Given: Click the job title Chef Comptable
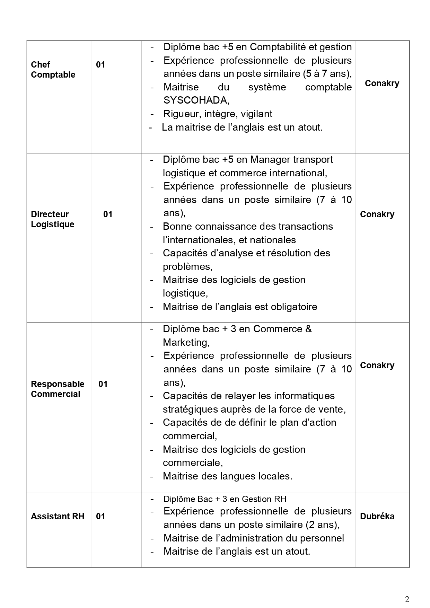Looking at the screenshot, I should pyautogui.click(x=53, y=70).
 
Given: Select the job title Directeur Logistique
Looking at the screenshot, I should pyautogui.click(x=53, y=219).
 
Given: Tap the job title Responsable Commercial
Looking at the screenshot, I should pyautogui.click(x=58, y=389).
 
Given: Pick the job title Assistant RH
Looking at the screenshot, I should pyautogui.click(x=58, y=516).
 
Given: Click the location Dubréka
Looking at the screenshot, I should pyautogui.click(x=377, y=516).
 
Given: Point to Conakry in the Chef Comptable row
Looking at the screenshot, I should pyautogui.click(x=382, y=83).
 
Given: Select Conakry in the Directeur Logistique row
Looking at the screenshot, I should pyautogui.click(x=377, y=214).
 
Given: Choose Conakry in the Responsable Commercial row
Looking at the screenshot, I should pyautogui.click(x=377, y=365).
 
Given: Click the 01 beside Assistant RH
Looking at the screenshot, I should pyautogui.click(x=100, y=516).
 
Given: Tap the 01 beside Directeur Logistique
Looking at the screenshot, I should pyautogui.click(x=108, y=214).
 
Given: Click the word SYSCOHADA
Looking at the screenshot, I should pyautogui.click(x=196, y=100).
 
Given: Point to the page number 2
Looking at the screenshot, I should pyautogui.click(x=407, y=590).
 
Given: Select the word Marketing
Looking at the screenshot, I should pyautogui.click(x=186, y=342).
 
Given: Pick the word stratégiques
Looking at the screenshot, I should pyautogui.click(x=190, y=409).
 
